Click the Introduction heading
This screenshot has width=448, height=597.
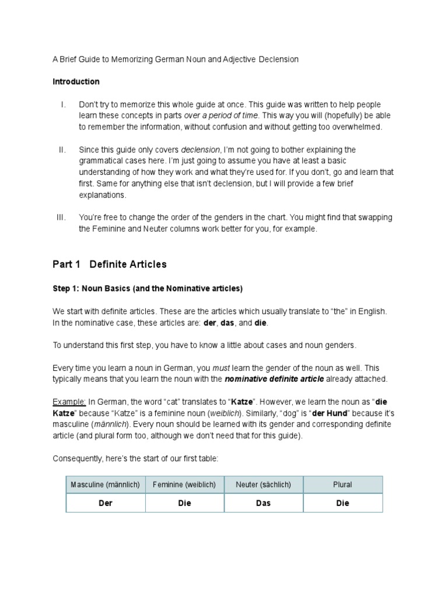tap(76, 82)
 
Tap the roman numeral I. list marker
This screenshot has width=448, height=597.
tap(62, 104)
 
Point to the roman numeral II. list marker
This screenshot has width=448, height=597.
tap(62, 150)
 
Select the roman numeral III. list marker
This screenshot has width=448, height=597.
tap(62, 217)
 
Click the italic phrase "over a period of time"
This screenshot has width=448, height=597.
tap(220, 115)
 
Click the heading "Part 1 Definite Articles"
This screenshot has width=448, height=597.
tap(109, 264)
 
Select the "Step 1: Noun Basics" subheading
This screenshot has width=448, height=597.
tap(148, 289)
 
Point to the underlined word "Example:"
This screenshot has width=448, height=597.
tap(69, 402)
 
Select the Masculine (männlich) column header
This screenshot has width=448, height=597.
tap(105, 484)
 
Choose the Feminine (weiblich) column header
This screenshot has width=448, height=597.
tap(184, 484)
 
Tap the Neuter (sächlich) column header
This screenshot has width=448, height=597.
tap(263, 484)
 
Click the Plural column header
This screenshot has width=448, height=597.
tap(342, 484)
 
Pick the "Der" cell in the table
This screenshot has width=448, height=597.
tap(105, 503)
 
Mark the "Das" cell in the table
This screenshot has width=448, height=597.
tap(263, 503)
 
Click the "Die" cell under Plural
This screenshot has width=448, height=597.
tap(342, 503)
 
